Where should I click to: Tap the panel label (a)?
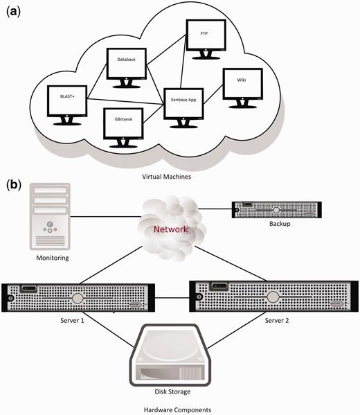tap(15, 12)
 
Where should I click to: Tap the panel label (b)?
tap(15, 185)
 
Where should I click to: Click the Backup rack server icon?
tap(275, 209)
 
